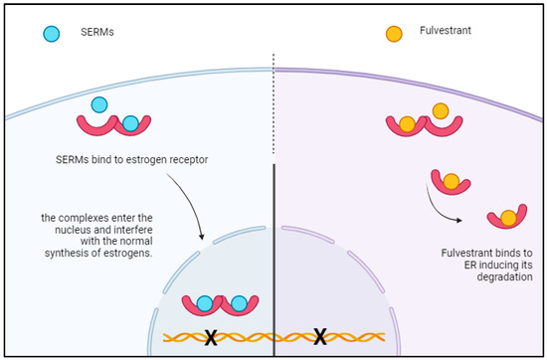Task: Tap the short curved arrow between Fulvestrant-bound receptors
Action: [445, 208]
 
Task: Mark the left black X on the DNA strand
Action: [211, 337]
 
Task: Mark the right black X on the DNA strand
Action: [319, 337]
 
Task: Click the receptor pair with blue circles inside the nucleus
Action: [218, 304]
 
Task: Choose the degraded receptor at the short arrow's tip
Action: [505, 216]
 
